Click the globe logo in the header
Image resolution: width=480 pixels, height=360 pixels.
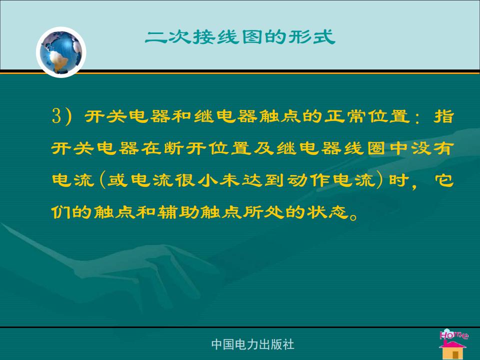[x=61, y=52]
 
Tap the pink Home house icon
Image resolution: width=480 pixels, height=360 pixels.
[x=453, y=344]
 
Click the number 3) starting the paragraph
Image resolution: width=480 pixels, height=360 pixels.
[x=61, y=116]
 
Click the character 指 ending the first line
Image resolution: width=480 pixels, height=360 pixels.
[x=443, y=116]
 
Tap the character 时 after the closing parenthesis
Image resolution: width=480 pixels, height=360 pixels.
[x=399, y=180]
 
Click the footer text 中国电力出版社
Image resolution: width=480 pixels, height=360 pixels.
[x=253, y=344]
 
